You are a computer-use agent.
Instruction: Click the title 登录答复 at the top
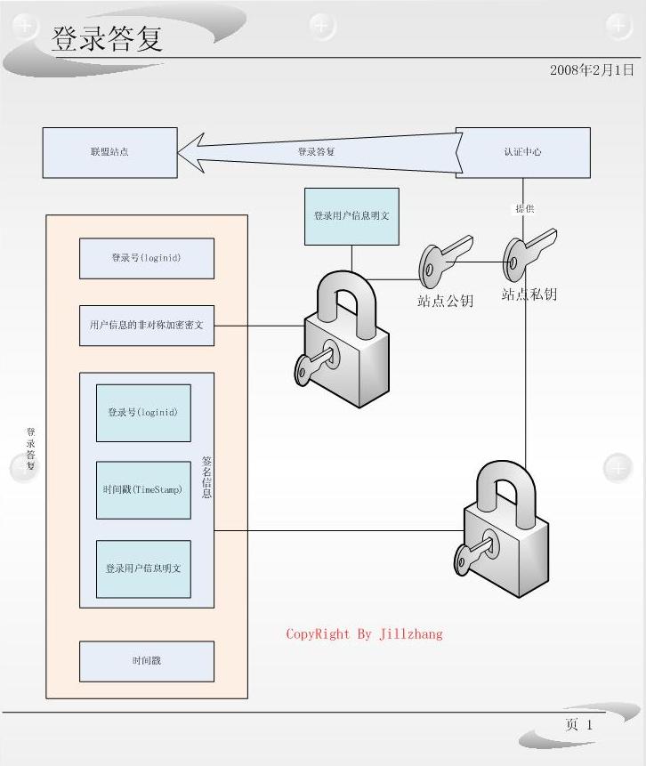click(108, 39)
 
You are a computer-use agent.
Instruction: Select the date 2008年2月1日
click(592, 69)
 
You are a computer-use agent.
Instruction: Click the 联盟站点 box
click(109, 152)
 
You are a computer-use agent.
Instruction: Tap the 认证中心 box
click(522, 152)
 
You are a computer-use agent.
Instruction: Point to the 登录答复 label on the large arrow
click(316, 152)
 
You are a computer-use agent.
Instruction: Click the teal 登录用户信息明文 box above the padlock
click(351, 216)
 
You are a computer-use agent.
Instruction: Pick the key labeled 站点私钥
click(527, 252)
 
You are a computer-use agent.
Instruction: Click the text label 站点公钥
click(445, 301)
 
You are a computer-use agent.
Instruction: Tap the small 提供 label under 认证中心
click(524, 208)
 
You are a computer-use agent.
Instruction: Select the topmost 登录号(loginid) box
click(147, 258)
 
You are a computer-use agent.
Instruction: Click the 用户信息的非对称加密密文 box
click(147, 326)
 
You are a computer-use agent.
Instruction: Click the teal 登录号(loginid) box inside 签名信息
click(143, 413)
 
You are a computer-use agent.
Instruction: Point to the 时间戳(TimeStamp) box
click(143, 490)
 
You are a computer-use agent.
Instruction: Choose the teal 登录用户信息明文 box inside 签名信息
click(143, 568)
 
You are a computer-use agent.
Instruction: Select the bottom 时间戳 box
click(147, 661)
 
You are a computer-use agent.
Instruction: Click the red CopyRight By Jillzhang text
click(364, 634)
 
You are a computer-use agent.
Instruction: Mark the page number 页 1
click(578, 725)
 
